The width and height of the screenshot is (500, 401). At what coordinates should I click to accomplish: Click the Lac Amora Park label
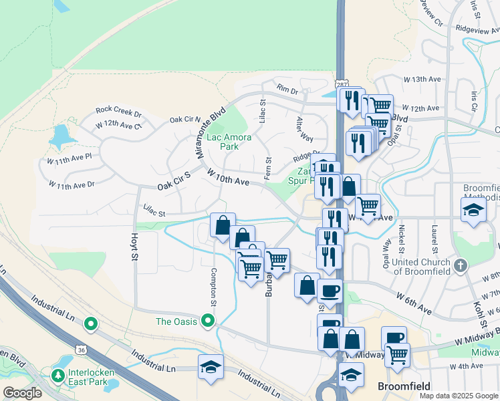pos(229,142)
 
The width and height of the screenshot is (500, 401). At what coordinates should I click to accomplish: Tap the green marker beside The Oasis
pos(208,321)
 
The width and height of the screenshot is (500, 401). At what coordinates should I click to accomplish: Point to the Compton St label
pos(214,287)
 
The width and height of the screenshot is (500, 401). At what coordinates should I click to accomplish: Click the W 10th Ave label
pos(228,177)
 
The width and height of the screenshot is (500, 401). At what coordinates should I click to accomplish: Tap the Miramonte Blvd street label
pos(209,134)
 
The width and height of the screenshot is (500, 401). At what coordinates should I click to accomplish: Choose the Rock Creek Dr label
pos(119,110)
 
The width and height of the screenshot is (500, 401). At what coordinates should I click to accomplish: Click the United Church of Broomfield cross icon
pos(460,265)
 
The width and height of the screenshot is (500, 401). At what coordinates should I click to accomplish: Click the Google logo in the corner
pos(22,393)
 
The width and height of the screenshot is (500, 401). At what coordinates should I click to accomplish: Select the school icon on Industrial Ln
pos(211,367)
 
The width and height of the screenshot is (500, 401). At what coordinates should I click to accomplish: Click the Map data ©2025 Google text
pos(459,396)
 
